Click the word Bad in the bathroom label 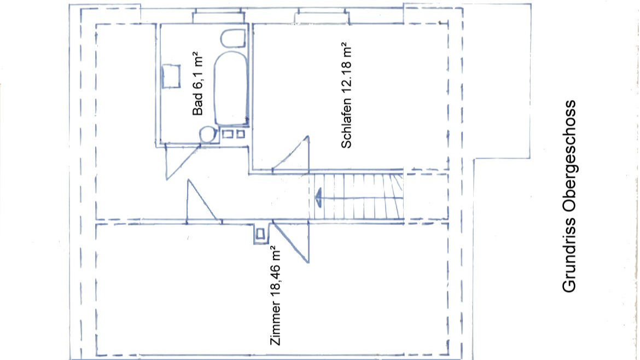tap(197, 104)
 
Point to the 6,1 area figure tap(197, 79)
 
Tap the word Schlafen tap(346, 123)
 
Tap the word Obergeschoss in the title tap(568, 158)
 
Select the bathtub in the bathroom tap(231, 88)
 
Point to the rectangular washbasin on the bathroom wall tap(171, 77)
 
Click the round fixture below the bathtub tap(208, 134)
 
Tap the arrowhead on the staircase tap(318, 197)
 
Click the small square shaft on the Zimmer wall tap(260, 234)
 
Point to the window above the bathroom tap(218, 18)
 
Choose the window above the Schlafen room tap(322, 18)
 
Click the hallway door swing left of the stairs tap(202, 201)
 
